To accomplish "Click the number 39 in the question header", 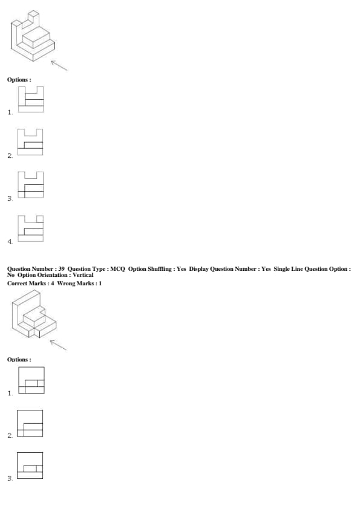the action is point(61,269).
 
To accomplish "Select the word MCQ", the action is point(117,269).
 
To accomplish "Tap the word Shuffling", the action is point(160,269).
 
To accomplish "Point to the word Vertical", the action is point(83,275).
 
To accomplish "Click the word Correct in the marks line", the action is point(18,284).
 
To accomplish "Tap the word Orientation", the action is point(52,275).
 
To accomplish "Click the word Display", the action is point(199,269).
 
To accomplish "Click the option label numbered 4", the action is point(10,242).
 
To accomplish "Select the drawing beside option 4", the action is point(30,229).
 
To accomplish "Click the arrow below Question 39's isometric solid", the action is point(58,345).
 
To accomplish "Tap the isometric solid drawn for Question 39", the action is point(33,314).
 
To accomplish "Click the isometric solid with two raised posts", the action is point(33,36).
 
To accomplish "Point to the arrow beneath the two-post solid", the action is point(59,65).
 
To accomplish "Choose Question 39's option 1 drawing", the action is point(31,380).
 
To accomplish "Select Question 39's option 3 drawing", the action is point(30,465).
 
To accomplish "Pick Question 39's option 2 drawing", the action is point(30,423).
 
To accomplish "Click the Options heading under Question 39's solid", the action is point(19,360).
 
